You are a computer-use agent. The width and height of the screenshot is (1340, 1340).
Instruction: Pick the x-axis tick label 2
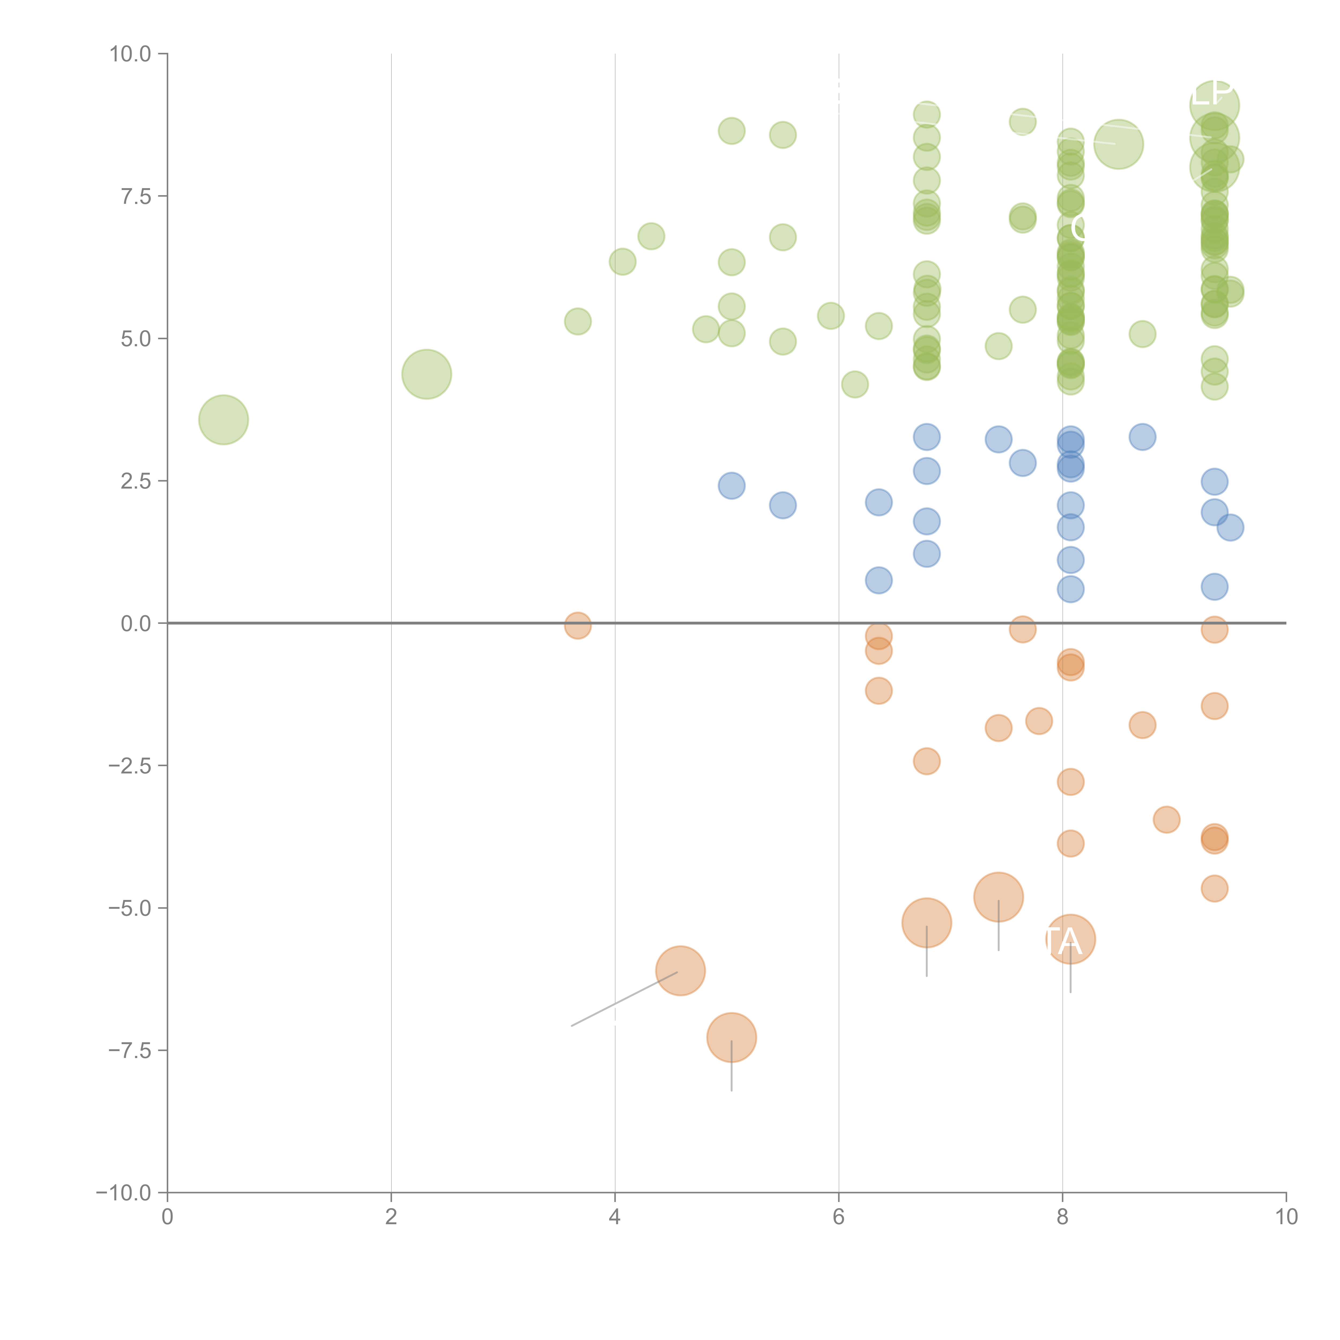click(x=391, y=1217)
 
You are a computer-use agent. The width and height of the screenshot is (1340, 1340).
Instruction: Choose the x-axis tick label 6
click(x=839, y=1217)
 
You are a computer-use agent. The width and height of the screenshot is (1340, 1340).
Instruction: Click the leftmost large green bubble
click(x=223, y=420)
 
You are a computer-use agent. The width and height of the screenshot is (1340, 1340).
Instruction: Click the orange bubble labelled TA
click(x=1070, y=939)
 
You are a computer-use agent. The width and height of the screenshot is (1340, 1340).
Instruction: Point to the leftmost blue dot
click(x=731, y=486)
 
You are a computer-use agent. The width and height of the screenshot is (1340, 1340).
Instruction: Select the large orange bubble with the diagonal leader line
click(x=680, y=970)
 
